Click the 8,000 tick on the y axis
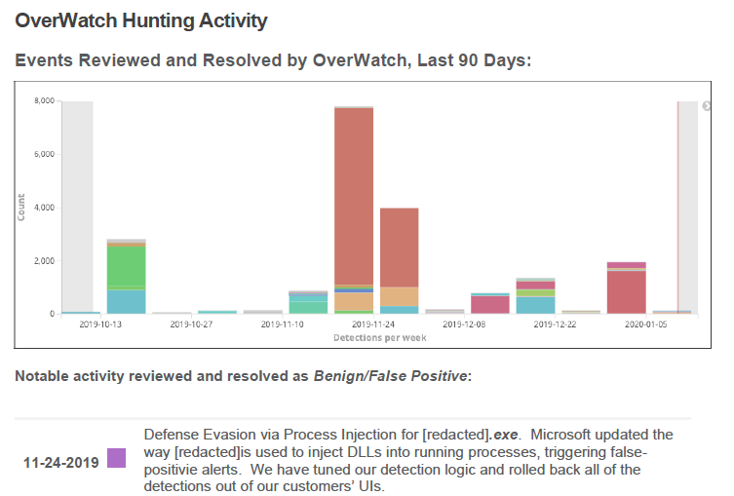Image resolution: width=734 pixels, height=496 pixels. tap(44, 100)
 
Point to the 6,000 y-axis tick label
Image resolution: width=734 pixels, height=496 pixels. tap(44, 154)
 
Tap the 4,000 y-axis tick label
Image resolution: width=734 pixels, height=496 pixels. tap(44, 208)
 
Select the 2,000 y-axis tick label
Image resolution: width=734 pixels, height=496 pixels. tap(44, 261)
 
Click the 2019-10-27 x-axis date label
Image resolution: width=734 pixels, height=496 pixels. tap(194, 325)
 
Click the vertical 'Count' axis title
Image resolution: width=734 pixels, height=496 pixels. tap(21, 207)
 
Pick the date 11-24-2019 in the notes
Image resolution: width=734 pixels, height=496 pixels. tap(60, 462)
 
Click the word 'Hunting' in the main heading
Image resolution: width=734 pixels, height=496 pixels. tap(147, 20)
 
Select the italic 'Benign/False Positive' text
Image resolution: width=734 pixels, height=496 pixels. tap(390, 375)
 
